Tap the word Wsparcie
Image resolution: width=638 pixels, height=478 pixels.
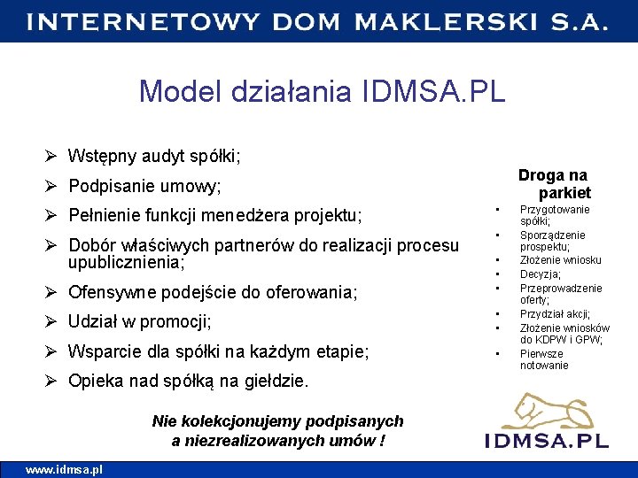pyautogui.click(x=104, y=351)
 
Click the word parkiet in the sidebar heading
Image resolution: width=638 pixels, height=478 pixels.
pyautogui.click(x=564, y=192)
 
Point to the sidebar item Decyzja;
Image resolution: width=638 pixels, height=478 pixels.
pyautogui.click(x=541, y=274)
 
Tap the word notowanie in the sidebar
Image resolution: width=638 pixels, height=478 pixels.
pyautogui.click(x=544, y=366)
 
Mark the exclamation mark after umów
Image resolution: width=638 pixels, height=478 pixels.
pyautogui.click(x=381, y=440)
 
